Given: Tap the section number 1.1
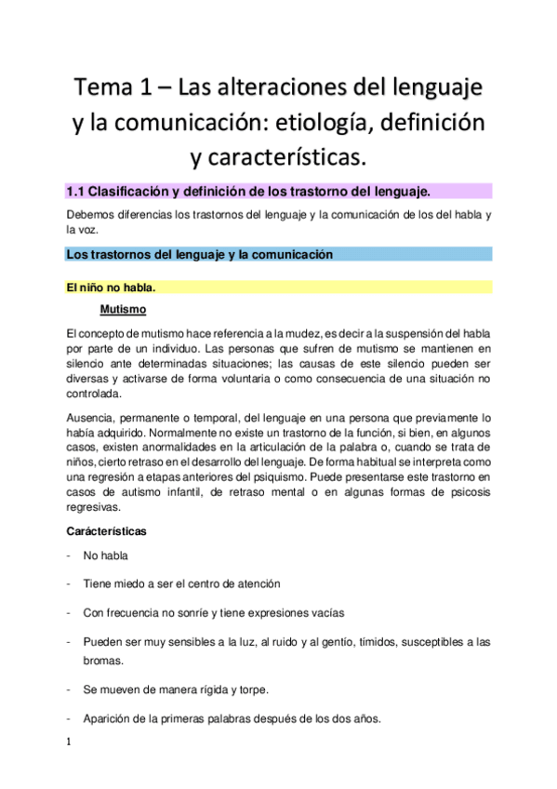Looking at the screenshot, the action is point(76,192).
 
